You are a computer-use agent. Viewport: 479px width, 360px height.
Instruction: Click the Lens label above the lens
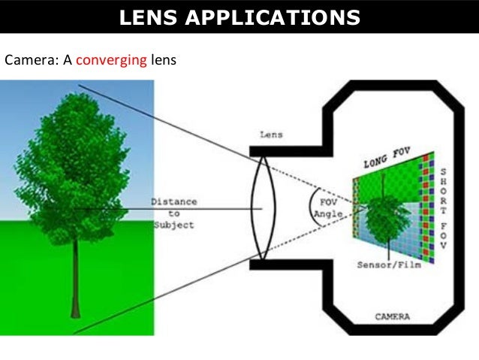tap(270, 135)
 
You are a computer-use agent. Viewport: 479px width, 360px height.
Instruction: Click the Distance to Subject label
tap(174, 213)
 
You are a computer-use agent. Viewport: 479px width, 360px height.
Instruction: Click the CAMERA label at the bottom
tap(392, 316)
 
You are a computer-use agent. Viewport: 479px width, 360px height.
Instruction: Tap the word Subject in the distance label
tap(174, 225)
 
